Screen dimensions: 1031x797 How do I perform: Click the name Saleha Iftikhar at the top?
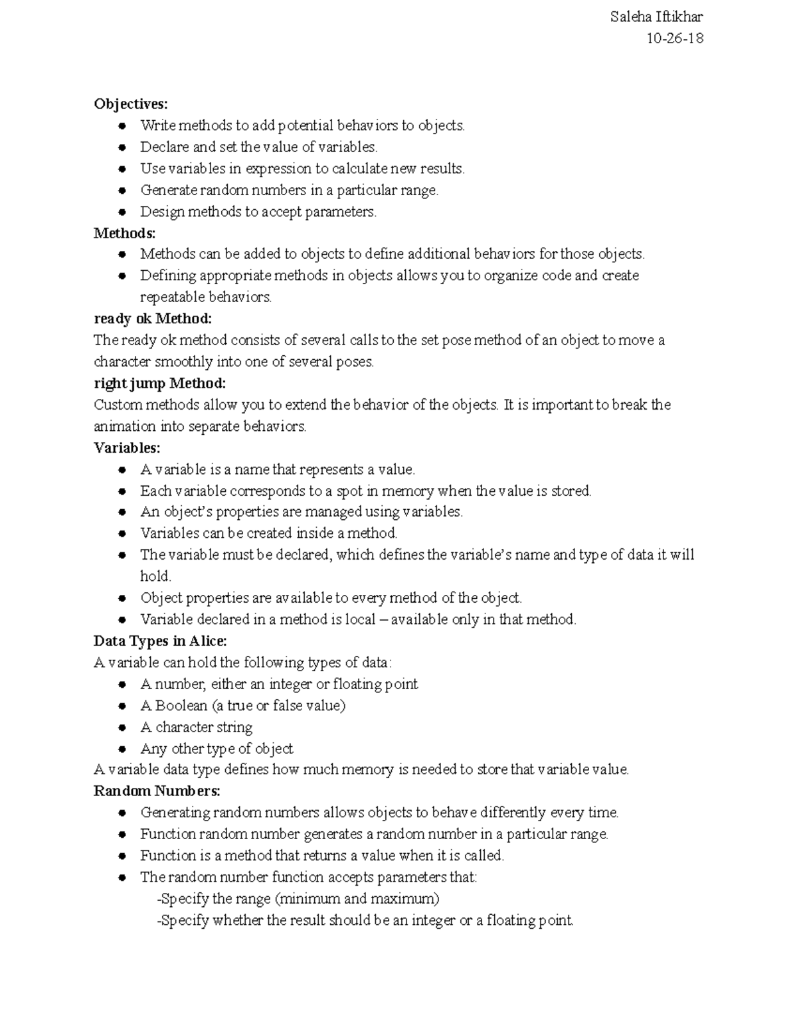pyautogui.click(x=656, y=17)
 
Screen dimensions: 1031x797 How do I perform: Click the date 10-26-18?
pyautogui.click(x=675, y=39)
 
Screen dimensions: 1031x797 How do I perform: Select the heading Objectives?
pyautogui.click(x=131, y=104)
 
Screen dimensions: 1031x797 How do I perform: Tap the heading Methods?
pyautogui.click(x=125, y=233)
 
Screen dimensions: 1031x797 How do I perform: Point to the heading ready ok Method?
pyautogui.click(x=153, y=319)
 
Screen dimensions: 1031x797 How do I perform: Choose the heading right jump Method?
pyautogui.click(x=159, y=383)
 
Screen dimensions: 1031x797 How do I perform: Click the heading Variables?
pyautogui.click(x=127, y=448)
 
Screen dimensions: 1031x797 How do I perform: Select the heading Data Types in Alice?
pyautogui.click(x=160, y=641)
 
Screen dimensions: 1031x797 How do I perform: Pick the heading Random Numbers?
pyautogui.click(x=157, y=791)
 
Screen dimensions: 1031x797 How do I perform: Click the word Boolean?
pyautogui.click(x=181, y=706)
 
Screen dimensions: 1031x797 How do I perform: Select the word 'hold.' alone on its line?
pyautogui.click(x=155, y=576)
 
